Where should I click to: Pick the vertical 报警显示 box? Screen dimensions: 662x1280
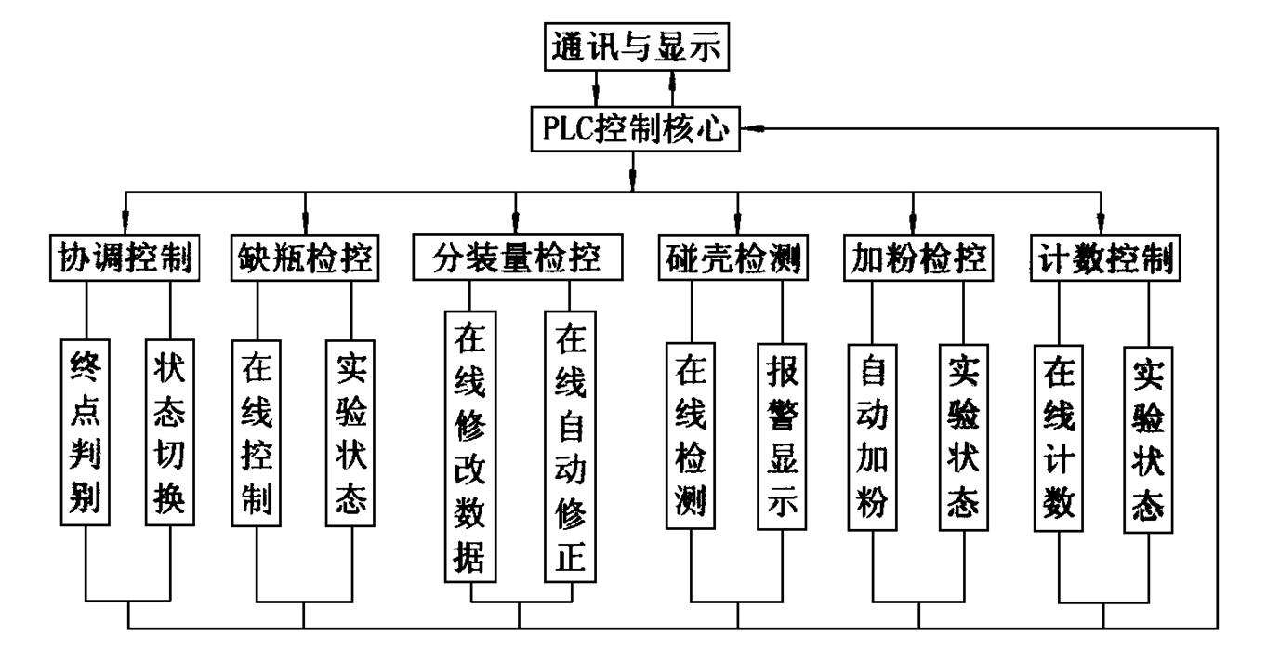(783, 438)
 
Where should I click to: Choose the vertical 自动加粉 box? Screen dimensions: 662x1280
(872, 437)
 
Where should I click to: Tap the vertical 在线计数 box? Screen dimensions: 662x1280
(1058, 437)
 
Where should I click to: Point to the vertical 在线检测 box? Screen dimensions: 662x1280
(692, 438)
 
